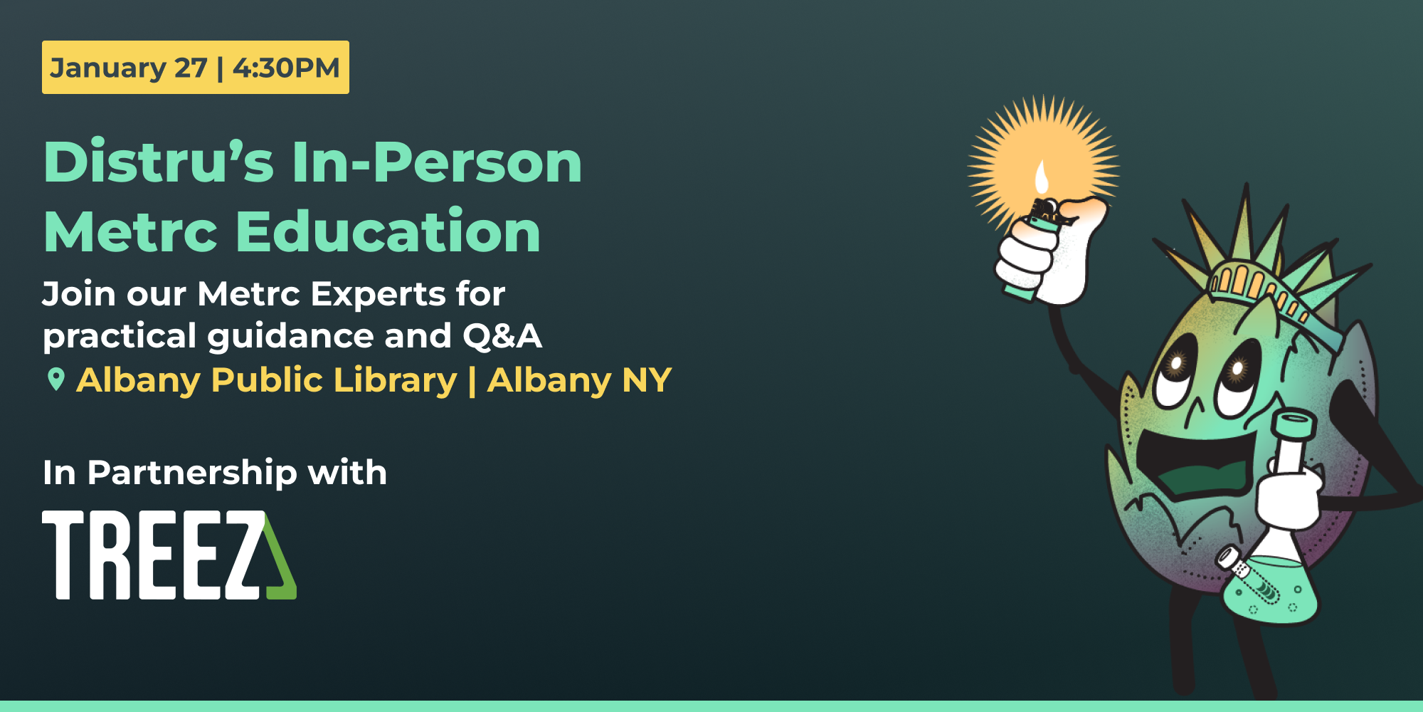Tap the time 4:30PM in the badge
[286, 68]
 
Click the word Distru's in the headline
[159, 162]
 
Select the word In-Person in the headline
[437, 162]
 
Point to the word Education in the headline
[388, 231]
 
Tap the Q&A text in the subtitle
[502, 336]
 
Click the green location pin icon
[55, 379]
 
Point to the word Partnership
[192, 473]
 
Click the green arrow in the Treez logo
[281, 562]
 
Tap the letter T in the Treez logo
[65, 555]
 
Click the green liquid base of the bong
[1270, 591]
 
